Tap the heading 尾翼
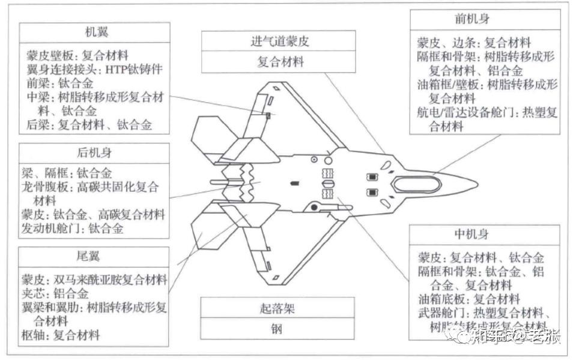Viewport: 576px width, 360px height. [94, 257]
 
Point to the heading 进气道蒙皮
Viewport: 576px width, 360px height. [280, 41]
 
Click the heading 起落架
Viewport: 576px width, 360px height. [280, 310]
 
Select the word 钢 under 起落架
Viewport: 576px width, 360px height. [280, 329]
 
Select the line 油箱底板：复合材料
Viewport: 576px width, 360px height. [469, 299]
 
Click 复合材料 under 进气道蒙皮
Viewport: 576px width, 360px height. [280, 61]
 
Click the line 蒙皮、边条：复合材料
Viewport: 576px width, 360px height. [474, 43]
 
